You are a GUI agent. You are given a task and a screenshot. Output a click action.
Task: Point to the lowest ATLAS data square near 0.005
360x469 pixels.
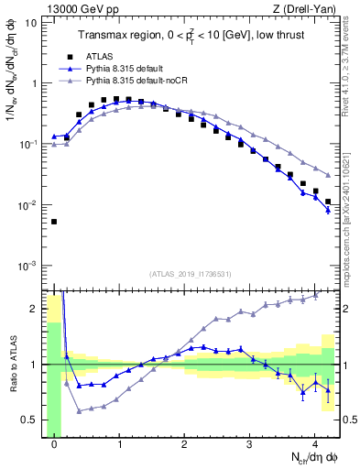(x=54, y=222)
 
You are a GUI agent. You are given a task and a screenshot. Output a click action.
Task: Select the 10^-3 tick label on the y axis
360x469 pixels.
(x=27, y=266)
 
